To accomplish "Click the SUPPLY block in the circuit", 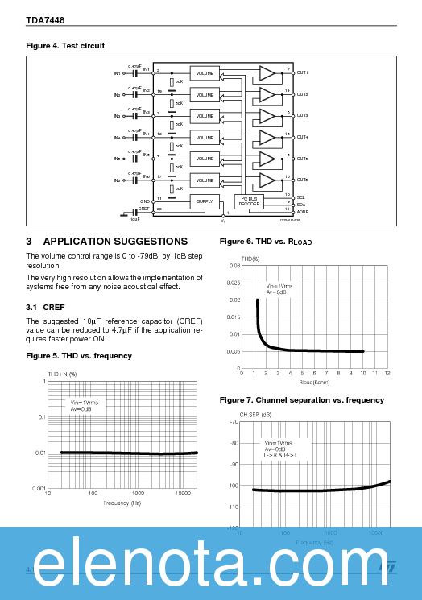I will coord(205,201).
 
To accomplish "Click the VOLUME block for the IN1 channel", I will coord(205,73).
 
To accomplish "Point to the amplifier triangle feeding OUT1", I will coord(266,73).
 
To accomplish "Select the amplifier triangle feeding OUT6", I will coord(266,180).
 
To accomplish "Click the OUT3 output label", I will coord(302,116).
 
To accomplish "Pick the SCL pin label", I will coord(300,197).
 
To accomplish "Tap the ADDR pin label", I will coord(302,212).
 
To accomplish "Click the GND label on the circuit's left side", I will coord(145,201).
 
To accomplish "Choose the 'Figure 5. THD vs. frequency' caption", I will coord(79,355).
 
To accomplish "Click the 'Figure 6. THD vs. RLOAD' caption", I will coord(266,242).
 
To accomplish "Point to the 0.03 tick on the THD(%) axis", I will coord(234,265).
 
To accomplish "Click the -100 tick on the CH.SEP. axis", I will coord(233,486).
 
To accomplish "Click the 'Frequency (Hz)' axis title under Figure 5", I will coord(122,503).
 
